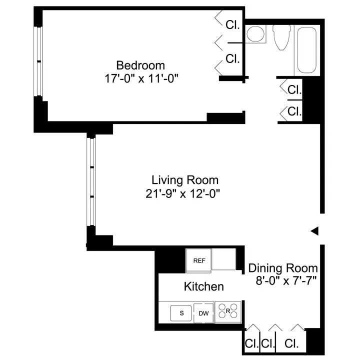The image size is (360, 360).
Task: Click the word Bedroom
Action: pos(140,65)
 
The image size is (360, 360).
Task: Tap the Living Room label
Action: pos(185,180)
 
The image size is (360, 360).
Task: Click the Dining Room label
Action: pos(282,268)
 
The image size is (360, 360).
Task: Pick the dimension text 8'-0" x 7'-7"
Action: pos(282,280)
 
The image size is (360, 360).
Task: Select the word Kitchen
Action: pos(203,287)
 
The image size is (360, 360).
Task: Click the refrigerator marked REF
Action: pos(199,260)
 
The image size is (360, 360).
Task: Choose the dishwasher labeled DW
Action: pos(203,313)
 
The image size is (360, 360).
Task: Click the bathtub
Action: pos(305,50)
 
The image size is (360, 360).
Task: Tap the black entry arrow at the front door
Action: pos(314,230)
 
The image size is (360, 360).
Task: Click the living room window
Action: pos(91,181)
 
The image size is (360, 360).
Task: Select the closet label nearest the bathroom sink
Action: pos(232,25)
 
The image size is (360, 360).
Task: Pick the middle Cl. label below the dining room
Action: pos(268,344)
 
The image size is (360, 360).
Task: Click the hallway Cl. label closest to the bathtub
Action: pos(294,90)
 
